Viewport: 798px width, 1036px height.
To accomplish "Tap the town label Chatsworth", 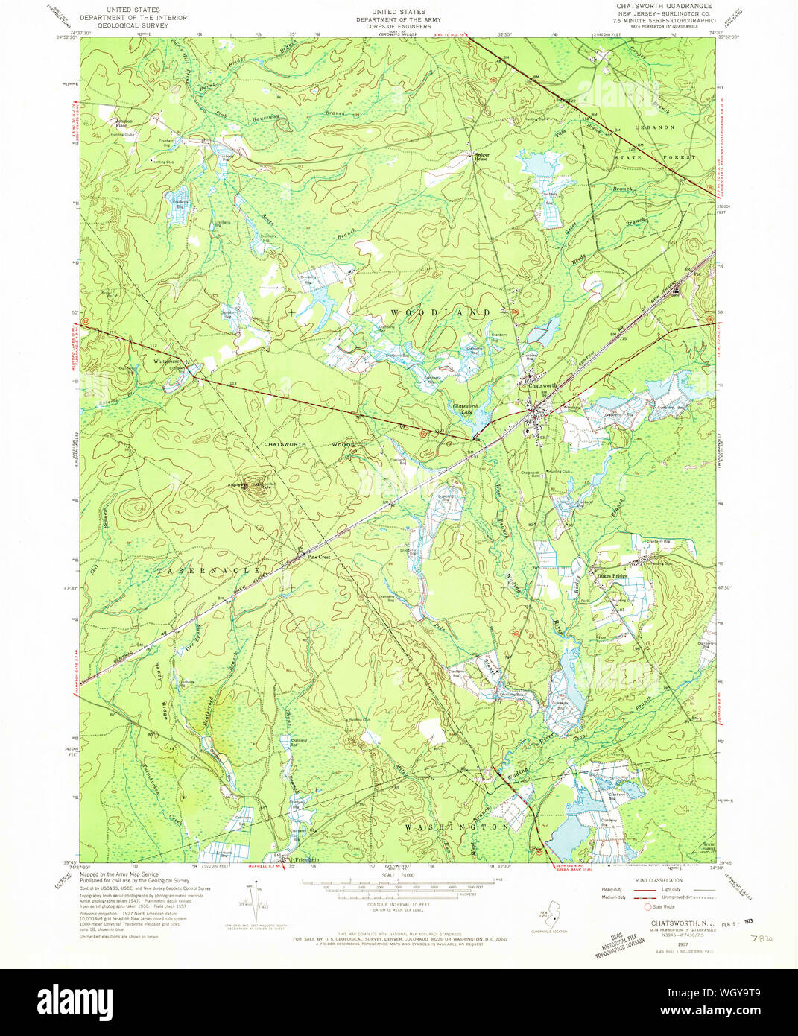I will coord(542,385).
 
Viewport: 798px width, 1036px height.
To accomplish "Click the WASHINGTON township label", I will coord(457,827).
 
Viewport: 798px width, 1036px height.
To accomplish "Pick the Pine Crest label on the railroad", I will coord(318,557).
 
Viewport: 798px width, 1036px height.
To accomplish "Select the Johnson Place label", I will coord(123,123).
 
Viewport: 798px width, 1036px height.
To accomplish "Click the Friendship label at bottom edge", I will coord(307,859).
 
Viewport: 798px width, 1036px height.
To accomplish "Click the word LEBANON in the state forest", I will coord(654,127).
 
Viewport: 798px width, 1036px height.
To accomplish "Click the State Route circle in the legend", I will coord(647,906).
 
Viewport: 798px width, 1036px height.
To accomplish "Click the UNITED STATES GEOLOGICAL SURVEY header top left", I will coord(133,18).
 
